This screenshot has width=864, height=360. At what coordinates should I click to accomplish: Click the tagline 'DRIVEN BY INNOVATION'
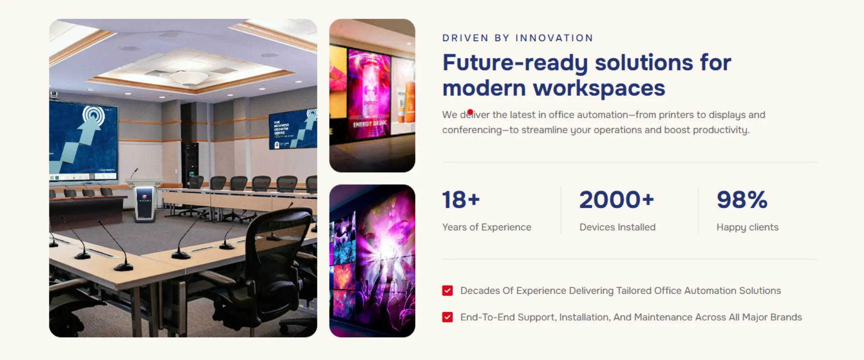(518, 38)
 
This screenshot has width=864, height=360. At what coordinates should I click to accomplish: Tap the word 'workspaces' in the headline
(599, 88)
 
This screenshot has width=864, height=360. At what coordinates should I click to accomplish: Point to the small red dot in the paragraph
(470, 112)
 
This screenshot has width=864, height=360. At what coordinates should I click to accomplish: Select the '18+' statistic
(461, 200)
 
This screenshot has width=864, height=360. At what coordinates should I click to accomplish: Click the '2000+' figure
(616, 200)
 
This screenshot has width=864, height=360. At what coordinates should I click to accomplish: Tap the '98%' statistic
(742, 200)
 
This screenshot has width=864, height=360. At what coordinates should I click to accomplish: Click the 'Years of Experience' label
(486, 227)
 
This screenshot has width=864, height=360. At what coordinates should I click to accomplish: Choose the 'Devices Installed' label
(617, 227)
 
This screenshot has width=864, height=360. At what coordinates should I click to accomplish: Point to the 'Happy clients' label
(747, 227)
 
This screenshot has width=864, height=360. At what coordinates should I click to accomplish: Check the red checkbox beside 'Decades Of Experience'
(447, 291)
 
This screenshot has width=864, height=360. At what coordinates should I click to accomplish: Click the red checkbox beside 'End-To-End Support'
(447, 317)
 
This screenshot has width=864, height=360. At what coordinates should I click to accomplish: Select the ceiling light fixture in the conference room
(189, 78)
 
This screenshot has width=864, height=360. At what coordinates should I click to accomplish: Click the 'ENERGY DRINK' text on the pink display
(370, 123)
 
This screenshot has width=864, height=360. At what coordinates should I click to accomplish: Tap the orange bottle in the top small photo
(409, 102)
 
